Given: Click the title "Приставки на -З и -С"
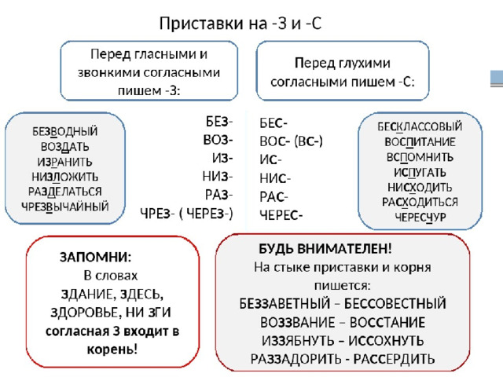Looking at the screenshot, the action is click(x=240, y=24).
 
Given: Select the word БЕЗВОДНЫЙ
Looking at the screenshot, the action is click(x=65, y=131).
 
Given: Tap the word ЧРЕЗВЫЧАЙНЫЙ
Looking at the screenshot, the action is click(x=65, y=207).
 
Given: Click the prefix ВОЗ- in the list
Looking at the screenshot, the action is click(x=218, y=140).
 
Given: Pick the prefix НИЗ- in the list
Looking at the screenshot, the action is click(x=218, y=176).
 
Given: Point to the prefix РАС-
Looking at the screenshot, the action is click(x=274, y=197).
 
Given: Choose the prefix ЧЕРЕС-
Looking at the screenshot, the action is click(x=281, y=215).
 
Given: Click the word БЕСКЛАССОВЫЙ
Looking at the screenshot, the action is click(x=420, y=126).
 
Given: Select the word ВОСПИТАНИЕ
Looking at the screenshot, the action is click(x=420, y=142).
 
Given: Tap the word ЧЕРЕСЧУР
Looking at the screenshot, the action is click(x=420, y=218).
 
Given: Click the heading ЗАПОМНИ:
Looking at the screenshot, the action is click(x=96, y=257).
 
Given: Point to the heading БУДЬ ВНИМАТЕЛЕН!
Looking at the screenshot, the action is click(x=325, y=249).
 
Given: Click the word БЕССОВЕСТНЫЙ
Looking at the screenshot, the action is click(x=395, y=304).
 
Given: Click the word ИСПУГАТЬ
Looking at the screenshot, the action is click(x=420, y=173).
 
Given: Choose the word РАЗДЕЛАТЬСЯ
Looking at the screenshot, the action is click(x=65, y=192).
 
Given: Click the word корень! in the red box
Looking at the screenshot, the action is click(x=112, y=350).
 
